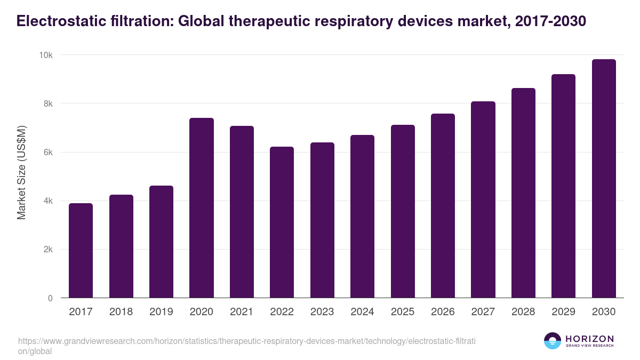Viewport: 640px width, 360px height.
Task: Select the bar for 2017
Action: coord(81,251)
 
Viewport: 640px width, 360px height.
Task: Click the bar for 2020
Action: coord(201,208)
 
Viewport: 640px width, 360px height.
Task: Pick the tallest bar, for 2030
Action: coord(604,179)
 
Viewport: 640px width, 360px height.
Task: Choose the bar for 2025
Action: coord(402,211)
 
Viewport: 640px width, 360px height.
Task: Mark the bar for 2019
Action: coord(161,242)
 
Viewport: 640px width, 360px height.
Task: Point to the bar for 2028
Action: coord(523,193)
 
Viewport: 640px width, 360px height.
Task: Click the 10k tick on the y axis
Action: coord(46,55)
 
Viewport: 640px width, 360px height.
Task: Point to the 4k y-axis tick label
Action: coord(48,201)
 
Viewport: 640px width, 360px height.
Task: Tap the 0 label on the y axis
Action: coord(50,298)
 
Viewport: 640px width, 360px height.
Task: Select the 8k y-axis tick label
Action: coord(48,103)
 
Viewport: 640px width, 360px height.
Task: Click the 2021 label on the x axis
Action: coord(242,312)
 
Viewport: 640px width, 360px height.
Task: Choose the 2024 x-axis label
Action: coord(362,312)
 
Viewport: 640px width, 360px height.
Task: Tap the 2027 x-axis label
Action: coord(483,312)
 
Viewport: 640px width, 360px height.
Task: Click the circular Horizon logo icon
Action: coord(552,341)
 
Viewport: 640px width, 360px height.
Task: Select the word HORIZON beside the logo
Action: coord(589,339)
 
